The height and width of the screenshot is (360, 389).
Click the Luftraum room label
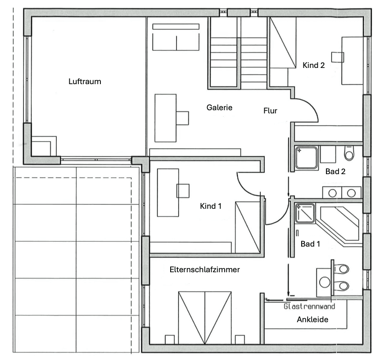(85, 82)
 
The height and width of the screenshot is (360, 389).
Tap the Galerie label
(219, 108)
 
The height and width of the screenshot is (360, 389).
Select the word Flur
(270, 111)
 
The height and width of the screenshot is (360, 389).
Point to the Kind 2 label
(313, 65)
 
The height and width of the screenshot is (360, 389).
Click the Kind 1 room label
(211, 206)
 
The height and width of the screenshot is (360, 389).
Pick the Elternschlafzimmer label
(204, 270)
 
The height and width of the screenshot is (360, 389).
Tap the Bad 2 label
(336, 171)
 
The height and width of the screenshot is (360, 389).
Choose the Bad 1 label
(311, 244)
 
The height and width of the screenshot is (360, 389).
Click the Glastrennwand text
(309, 306)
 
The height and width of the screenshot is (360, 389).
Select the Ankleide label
(312, 320)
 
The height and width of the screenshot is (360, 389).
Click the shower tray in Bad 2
(307, 158)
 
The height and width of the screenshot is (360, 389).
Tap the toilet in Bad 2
(349, 153)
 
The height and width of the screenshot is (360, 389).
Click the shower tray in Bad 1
(306, 214)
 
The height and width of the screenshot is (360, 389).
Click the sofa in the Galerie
(176, 39)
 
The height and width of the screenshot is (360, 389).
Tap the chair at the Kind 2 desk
(337, 57)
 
